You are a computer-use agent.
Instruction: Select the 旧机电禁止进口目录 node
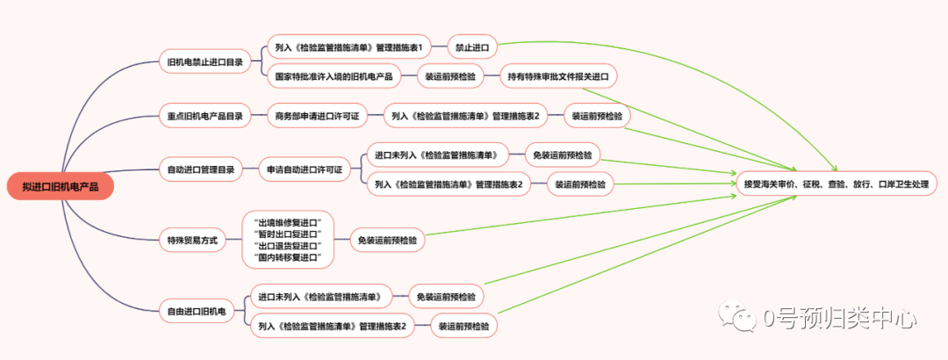[205, 61]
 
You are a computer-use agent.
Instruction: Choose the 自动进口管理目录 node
[201, 169]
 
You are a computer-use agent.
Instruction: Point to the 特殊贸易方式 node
[192, 239]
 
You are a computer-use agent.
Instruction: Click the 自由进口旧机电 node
[197, 310]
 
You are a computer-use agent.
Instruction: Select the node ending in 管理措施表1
[350, 47]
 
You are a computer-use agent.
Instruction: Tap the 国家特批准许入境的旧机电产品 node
[334, 76]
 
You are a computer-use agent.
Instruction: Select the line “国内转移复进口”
[287, 258]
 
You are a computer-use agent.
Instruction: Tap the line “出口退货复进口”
[287, 245]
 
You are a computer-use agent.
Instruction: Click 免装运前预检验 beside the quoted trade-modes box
[388, 239]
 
